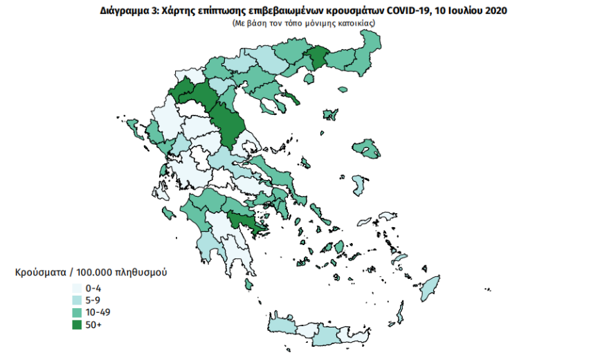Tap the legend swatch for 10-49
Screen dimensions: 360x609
pos(76,312)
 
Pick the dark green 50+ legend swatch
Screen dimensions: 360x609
pos(76,325)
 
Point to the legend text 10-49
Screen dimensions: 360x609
pos(98,312)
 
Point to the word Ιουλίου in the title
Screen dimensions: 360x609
pos(464,11)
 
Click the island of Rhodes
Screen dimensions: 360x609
pos(430,286)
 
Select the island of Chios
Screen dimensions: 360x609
pos(359,185)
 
